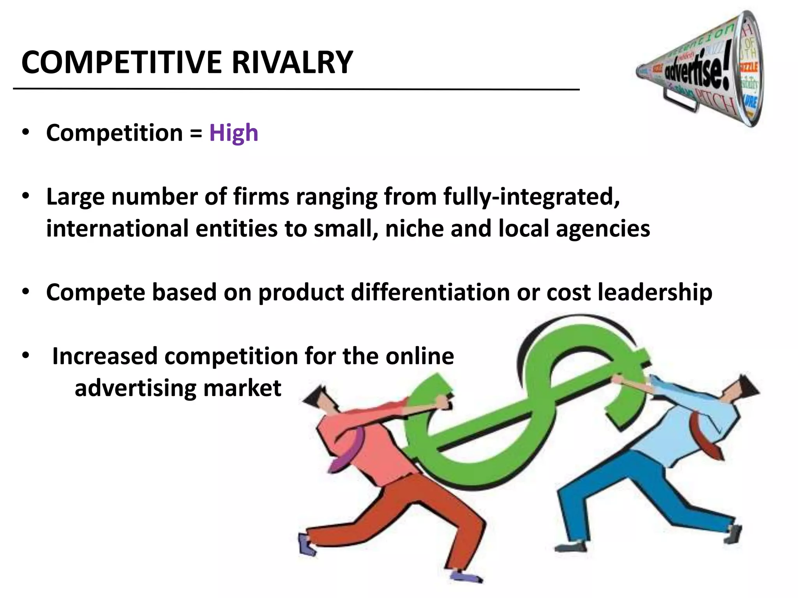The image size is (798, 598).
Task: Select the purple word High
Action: pyautogui.click(x=234, y=133)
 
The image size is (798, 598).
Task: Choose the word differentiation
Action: pyautogui.click(x=430, y=292)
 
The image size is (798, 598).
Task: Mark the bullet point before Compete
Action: pyautogui.click(x=26, y=292)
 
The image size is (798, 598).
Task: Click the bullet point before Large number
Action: pyautogui.click(x=26, y=196)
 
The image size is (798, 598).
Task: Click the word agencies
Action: pyautogui.click(x=603, y=229)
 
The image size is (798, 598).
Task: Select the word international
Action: pyautogui.click(x=117, y=229)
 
